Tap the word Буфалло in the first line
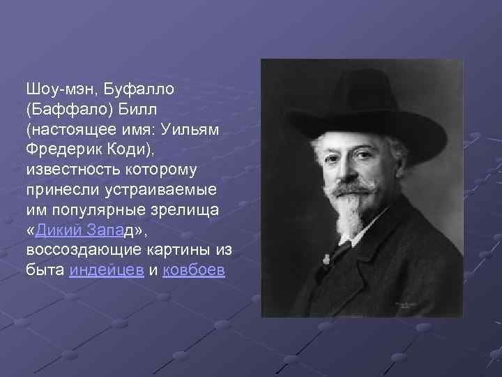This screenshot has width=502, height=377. (x=139, y=90)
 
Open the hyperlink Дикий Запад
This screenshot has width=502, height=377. (x=86, y=230)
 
